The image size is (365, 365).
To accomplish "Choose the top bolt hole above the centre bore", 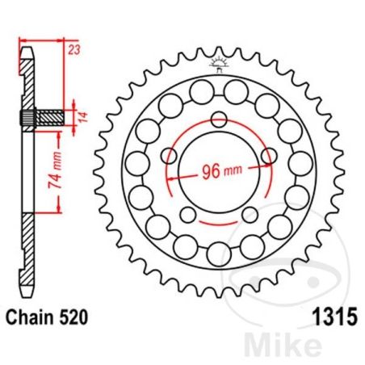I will coord(220,120).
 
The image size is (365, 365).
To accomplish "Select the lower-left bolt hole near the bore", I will coord(188,214).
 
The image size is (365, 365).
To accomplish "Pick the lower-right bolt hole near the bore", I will coord(250,214).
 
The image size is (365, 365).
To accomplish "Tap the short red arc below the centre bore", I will coord(220,221).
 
